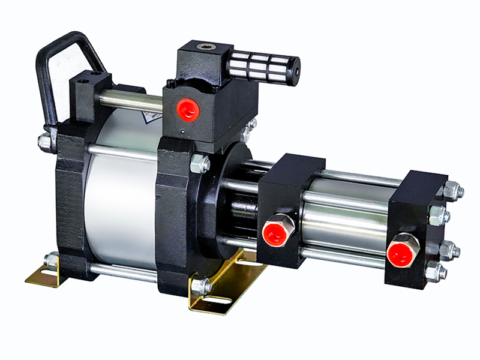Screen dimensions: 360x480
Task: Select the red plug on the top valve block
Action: [x=188, y=109]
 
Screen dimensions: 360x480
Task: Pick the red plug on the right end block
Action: [x=400, y=252]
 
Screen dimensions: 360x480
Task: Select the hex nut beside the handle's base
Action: [x=44, y=142]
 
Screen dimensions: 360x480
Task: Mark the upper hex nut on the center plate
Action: [x=200, y=163]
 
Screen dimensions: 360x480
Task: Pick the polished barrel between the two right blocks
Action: [x=345, y=219]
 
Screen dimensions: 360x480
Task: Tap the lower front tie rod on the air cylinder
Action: [x=123, y=273]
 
